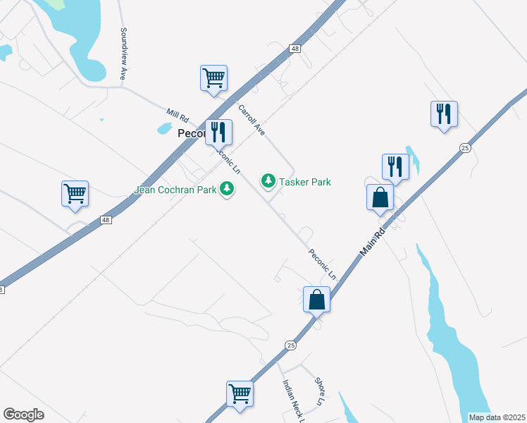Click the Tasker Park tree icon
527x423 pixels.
tap(268, 182)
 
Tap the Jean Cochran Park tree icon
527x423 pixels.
tap(226, 189)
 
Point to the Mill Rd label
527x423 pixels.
tap(178, 115)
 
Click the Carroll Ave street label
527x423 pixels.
tap(251, 121)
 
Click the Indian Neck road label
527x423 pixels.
tap(292, 402)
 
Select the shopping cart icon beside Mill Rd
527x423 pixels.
tap(213, 78)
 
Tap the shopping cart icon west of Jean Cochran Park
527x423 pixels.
tap(75, 193)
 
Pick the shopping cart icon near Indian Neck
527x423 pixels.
tap(240, 393)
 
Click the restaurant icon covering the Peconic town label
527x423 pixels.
tap(218, 131)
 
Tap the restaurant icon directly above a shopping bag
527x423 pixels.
tap(395, 166)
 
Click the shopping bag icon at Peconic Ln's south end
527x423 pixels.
tap(316, 299)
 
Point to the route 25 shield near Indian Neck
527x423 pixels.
tap(290, 345)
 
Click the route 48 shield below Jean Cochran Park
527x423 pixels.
tap(105, 220)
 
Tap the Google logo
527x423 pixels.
tap(23, 415)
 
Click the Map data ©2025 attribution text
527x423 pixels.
tap(497, 417)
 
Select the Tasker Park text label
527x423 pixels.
tap(304, 182)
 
